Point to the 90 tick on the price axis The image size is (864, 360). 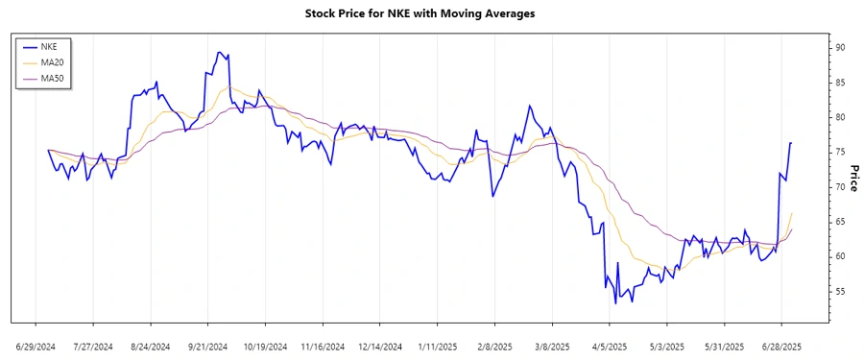point(839,47)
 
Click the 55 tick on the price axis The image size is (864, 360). point(839,291)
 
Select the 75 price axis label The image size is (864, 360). point(839,152)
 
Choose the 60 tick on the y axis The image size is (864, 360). point(839,256)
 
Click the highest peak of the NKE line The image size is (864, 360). point(220,52)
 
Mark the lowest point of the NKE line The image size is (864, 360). point(615,303)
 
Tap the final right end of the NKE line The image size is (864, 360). point(791,143)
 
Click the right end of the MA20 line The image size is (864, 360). point(792,213)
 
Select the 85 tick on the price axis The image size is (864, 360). point(839,83)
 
